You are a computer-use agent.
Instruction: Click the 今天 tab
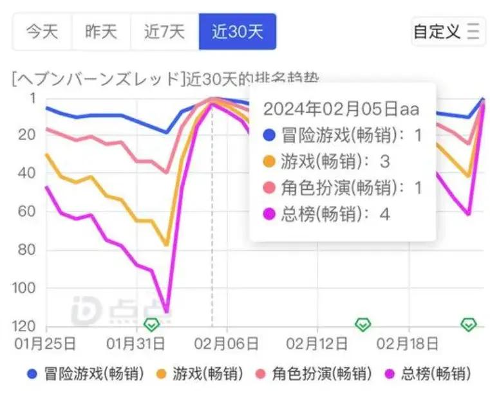pyautogui.click(x=42, y=32)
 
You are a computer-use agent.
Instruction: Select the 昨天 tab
pyautogui.click(x=101, y=32)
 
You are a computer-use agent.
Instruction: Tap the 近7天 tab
pyautogui.click(x=164, y=32)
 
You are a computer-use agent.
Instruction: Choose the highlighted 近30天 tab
pyautogui.click(x=237, y=32)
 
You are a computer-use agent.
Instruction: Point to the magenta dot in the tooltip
pyautogui.click(x=270, y=214)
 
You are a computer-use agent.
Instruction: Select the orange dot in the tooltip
pyautogui.click(x=270, y=161)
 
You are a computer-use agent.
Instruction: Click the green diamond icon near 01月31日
pyautogui.click(x=151, y=324)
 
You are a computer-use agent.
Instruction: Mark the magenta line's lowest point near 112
pyautogui.click(x=166, y=312)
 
